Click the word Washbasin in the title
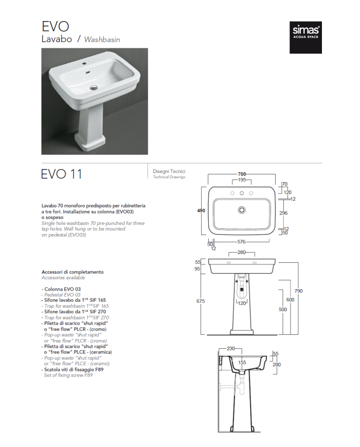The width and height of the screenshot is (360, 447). coord(102,39)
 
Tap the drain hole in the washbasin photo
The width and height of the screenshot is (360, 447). coord(93,87)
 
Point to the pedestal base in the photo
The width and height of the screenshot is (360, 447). coord(91,140)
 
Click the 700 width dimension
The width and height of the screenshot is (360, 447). coord(242,174)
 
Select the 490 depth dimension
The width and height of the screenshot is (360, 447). coord(202,211)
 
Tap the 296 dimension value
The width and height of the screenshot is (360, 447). coord(283,212)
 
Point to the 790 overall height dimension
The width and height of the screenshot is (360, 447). coord(298,291)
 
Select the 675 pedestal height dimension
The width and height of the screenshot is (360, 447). coord(201,300)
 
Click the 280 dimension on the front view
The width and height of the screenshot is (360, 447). coord(242,253)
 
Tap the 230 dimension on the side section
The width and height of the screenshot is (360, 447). coord(231,348)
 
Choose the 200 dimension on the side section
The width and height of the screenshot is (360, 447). coord(276,364)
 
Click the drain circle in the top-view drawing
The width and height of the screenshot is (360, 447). coord(242,210)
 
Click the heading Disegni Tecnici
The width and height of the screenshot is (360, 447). coord(169,171)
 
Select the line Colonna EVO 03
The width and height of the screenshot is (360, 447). coord(61,290)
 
